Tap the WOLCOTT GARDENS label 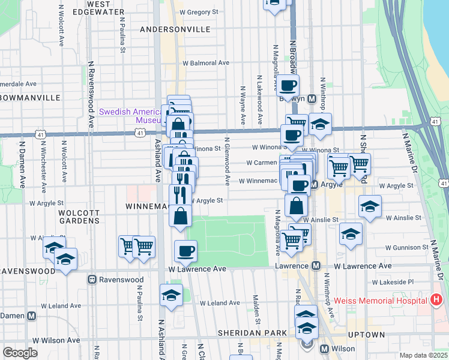pyautogui.click(x=79, y=216)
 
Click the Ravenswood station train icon pyautogui.click(x=92, y=280)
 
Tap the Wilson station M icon pyautogui.click(x=325, y=349)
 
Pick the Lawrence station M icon pyautogui.click(x=315, y=266)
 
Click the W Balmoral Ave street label pyautogui.click(x=206, y=62)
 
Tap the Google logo pyautogui.click(x=20, y=353)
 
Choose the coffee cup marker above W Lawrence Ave pyautogui.click(x=186, y=251)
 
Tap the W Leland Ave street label pyautogui.click(x=220, y=304)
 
